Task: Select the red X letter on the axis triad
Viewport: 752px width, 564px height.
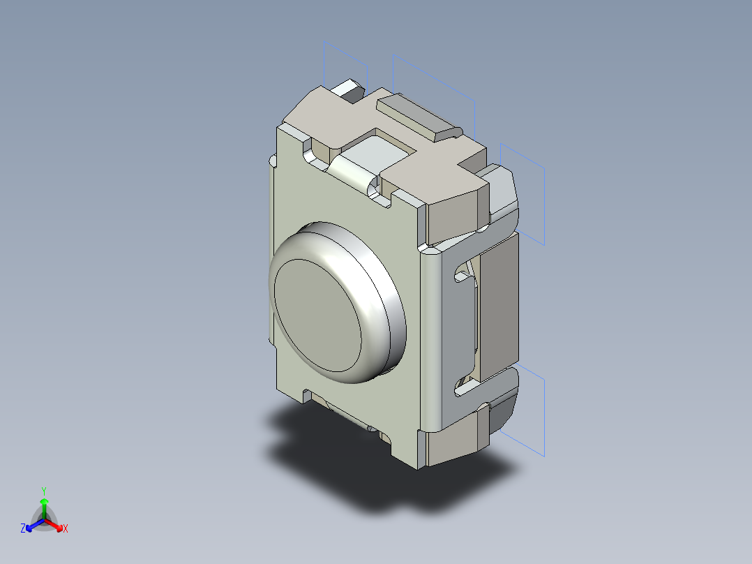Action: click(66, 529)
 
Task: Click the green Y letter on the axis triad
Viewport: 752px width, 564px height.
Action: click(43, 491)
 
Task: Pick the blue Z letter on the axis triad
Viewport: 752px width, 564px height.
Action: click(23, 529)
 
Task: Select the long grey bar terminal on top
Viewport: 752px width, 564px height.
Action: click(417, 117)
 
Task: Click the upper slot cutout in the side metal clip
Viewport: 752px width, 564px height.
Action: click(465, 272)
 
